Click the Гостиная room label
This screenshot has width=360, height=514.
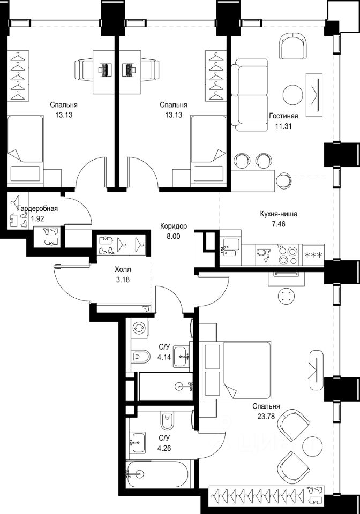click(x=283, y=116)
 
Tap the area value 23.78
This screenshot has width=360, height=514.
click(x=266, y=417)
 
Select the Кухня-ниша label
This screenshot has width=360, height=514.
click(x=279, y=214)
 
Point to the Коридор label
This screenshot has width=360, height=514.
click(x=174, y=226)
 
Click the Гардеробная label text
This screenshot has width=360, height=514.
click(x=37, y=209)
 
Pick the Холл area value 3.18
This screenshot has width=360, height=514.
click(x=123, y=280)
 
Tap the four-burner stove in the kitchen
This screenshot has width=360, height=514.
click(x=288, y=255)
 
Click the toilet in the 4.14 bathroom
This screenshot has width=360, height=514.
click(x=141, y=356)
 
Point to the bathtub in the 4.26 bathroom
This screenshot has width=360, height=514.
click(x=157, y=474)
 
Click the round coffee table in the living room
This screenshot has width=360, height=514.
click(x=293, y=95)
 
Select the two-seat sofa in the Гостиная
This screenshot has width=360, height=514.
click(x=250, y=94)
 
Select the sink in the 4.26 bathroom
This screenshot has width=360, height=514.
click(x=137, y=442)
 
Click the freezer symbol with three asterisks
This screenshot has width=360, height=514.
click(x=313, y=255)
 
